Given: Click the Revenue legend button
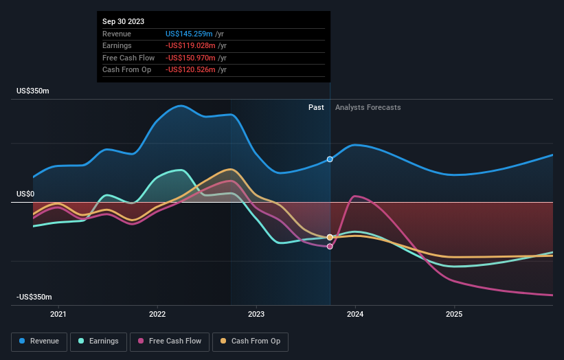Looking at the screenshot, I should [x=40, y=341].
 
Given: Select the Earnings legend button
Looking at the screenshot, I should [x=99, y=341].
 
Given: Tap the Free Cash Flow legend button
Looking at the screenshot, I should [x=169, y=341].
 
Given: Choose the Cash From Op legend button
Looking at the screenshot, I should [x=250, y=341].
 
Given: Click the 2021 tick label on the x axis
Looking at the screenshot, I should [x=59, y=315].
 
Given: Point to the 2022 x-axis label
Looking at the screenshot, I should [x=157, y=315].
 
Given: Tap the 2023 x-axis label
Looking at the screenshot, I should [x=256, y=315].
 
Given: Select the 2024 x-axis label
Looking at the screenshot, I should [x=355, y=315].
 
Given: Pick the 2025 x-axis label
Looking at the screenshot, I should [x=454, y=315].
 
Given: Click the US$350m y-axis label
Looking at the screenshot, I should [x=33, y=91].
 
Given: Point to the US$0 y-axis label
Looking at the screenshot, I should [x=26, y=194].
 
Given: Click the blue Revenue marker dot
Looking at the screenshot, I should [x=330, y=159].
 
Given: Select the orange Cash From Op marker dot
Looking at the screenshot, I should [x=330, y=237].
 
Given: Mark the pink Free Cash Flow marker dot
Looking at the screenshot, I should [x=330, y=246].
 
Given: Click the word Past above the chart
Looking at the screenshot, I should [x=316, y=107].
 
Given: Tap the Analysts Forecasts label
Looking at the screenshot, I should [x=368, y=107].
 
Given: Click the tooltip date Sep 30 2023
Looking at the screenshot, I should [x=124, y=22].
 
